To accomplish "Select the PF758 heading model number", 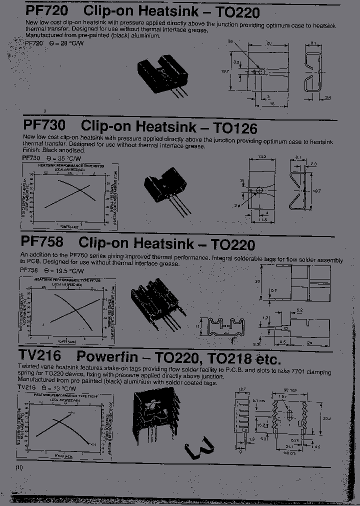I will click(x=42, y=242).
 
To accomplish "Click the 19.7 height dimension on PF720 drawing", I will click(x=225, y=71).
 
